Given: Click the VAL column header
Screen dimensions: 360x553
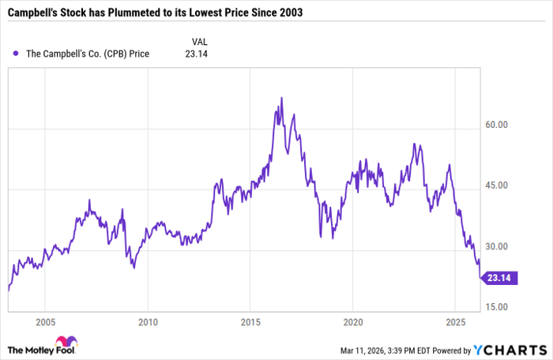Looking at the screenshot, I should click(201, 40).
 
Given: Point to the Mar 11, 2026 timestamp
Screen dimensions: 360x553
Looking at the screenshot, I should click(387, 350).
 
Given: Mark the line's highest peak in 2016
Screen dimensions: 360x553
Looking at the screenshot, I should click(281, 98).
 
